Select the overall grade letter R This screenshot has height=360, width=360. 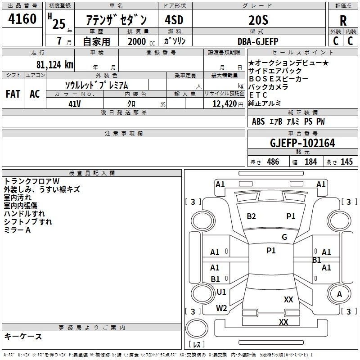point(343,20)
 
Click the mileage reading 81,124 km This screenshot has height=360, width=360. point(54,64)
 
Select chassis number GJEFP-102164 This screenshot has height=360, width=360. point(302,143)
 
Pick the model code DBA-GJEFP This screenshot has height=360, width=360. point(258,41)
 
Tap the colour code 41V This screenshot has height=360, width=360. point(75,103)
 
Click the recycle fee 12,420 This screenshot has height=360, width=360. point(223,103)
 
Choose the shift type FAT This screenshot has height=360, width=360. point(13,94)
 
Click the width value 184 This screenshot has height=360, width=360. point(310,162)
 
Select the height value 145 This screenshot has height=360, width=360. point(346,162)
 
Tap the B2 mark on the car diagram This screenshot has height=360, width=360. point(251,216)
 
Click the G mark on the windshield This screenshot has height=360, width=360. point(284,237)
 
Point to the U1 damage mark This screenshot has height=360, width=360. point(221,292)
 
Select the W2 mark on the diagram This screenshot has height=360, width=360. point(221,308)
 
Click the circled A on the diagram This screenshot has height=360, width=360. point(340,294)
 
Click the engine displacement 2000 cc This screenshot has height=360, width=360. point(140,41)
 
